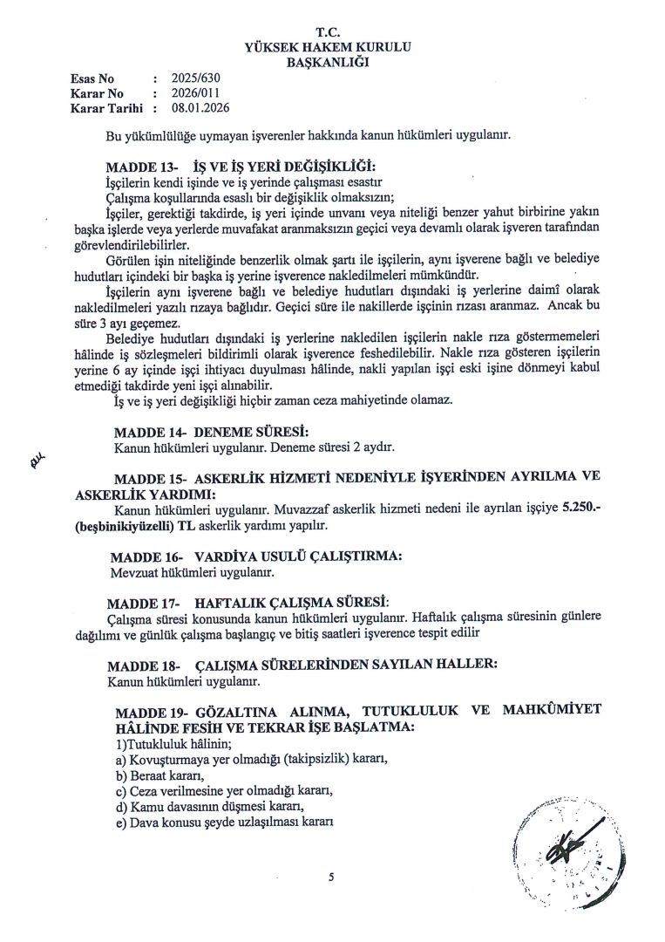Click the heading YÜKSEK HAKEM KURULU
(x=332, y=46)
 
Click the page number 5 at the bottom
(x=332, y=877)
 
